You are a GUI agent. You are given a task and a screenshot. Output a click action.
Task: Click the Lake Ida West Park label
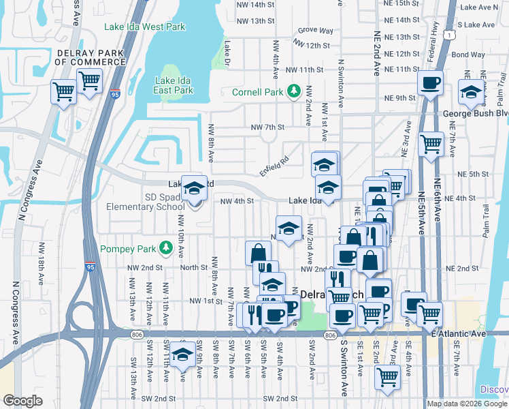(144, 27)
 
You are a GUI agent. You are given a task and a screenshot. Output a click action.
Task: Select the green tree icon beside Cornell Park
(294, 91)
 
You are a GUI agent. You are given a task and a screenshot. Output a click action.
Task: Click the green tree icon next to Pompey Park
(165, 246)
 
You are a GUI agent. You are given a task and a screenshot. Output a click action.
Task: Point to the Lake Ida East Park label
(174, 85)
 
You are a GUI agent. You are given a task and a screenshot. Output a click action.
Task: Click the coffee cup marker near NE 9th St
(430, 83)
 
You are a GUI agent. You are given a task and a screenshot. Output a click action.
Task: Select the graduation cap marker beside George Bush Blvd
(470, 93)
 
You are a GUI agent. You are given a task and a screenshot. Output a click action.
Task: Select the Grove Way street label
(315, 31)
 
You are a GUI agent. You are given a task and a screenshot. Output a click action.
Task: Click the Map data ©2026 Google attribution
(466, 404)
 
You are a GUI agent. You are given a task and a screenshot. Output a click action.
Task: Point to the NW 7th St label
(267, 127)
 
